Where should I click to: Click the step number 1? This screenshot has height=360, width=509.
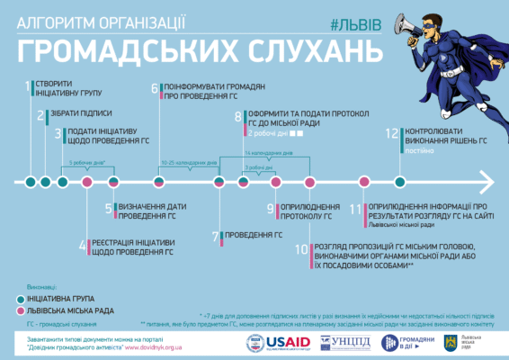pos(27,86)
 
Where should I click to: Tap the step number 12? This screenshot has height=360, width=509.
pos(392,132)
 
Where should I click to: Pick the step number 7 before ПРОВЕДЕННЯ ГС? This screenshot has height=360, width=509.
pos(216,237)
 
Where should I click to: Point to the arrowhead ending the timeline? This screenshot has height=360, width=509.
pos(488,182)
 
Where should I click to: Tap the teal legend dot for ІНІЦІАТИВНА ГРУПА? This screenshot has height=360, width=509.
pos(21,296)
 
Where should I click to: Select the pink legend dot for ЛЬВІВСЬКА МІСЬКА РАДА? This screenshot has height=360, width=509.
pos(21,310)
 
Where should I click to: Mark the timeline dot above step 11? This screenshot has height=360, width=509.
pos(363,183)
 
